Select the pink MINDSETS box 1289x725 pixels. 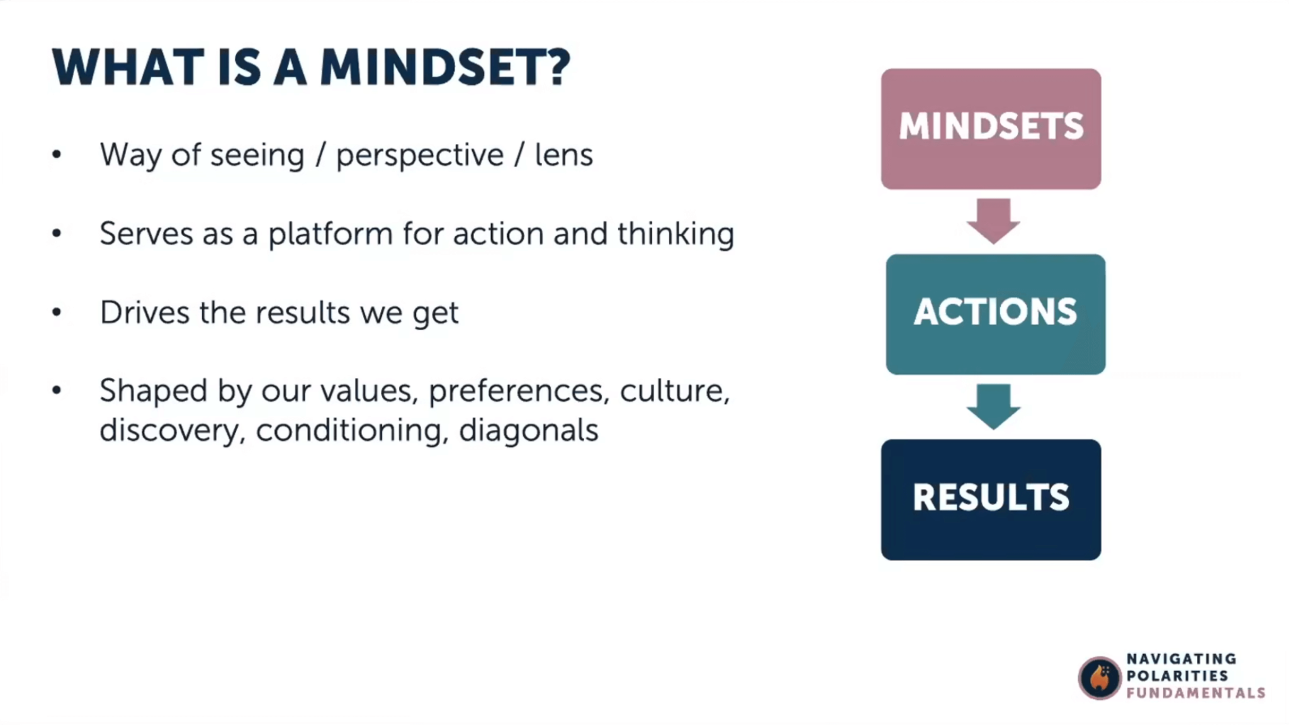[991, 128]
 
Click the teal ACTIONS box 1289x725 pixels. [995, 314]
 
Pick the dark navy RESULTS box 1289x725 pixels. [991, 499]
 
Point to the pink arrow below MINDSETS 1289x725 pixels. [993, 220]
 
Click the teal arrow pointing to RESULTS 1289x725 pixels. [993, 406]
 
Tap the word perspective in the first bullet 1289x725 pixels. [420, 155]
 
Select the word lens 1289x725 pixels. [563, 155]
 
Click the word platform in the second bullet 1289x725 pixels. [330, 235]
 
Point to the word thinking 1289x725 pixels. [675, 234]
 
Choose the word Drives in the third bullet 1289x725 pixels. [144, 313]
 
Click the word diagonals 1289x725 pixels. [528, 431]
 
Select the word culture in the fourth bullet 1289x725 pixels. [674, 391]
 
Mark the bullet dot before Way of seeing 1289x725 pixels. [57, 155]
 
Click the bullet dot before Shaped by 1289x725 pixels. [57, 391]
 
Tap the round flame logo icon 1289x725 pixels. [1099, 678]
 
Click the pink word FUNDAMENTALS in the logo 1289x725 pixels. [1195, 693]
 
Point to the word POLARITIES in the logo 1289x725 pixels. [1177, 676]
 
